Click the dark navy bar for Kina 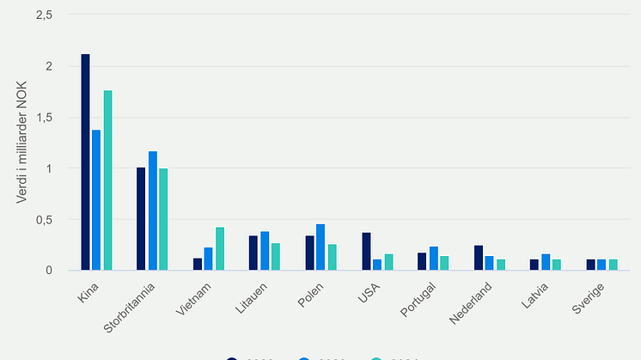click(86, 162)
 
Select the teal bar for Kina click(108, 180)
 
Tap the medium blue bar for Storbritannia click(153, 211)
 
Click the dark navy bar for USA click(366, 252)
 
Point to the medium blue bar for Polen click(320, 247)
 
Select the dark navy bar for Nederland click(479, 258)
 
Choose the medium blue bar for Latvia click(546, 262)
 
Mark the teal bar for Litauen click(276, 257)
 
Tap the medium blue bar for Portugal click(433, 259)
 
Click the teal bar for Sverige click(613, 265)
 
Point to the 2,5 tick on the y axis click(44, 15)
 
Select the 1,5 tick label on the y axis click(44, 118)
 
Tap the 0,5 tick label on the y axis click(44, 220)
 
